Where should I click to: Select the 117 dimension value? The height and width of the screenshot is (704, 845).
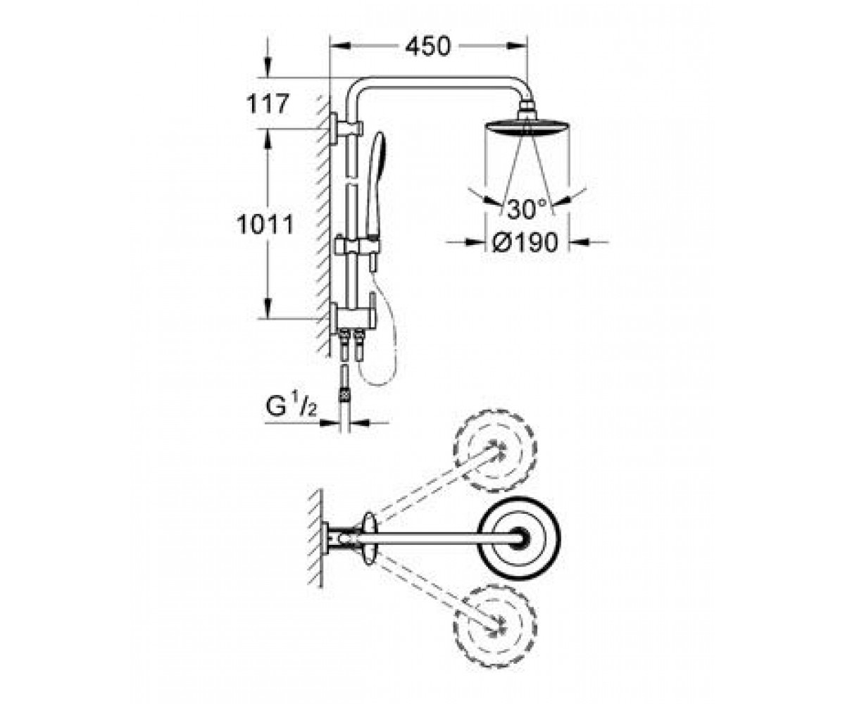(268, 104)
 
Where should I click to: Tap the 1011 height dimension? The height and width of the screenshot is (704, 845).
(265, 225)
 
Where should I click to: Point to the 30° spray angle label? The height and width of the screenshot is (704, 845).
(527, 209)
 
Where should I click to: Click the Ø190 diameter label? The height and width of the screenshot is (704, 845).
(525, 242)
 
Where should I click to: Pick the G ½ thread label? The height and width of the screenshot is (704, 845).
(290, 406)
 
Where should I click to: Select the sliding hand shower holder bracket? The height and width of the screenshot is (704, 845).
(357, 246)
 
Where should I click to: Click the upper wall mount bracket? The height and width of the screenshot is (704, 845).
(346, 128)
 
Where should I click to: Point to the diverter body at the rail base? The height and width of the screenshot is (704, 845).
(352, 317)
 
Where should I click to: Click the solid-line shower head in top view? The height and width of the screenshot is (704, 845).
(519, 538)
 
